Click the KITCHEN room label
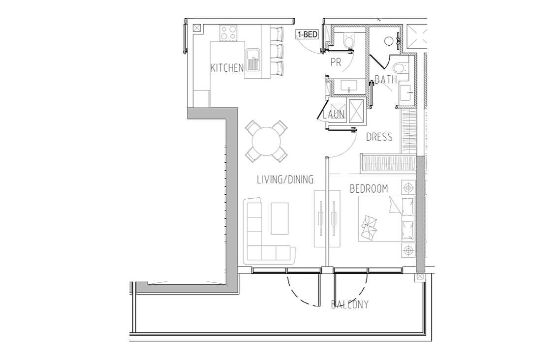[x=227, y=68]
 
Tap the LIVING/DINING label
[x=285, y=179]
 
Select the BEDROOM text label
[x=369, y=188]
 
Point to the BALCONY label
[x=350, y=305]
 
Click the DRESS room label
[x=379, y=137]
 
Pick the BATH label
[x=386, y=80]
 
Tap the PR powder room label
[x=336, y=62]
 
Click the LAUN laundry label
[x=334, y=115]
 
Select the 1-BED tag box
[x=307, y=34]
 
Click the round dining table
[x=266, y=141]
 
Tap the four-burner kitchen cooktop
[x=228, y=32]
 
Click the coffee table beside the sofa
[x=280, y=218]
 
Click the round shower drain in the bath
[x=389, y=41]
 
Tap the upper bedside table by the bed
[x=408, y=188]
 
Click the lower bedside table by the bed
[x=408, y=250]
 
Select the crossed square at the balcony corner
[x=420, y=277]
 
